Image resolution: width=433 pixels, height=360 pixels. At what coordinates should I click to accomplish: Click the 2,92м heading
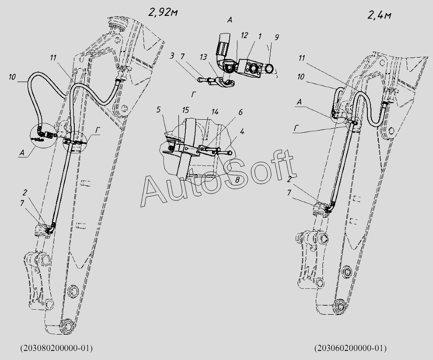pos(162,12)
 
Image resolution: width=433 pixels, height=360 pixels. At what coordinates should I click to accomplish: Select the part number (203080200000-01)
pos(56,348)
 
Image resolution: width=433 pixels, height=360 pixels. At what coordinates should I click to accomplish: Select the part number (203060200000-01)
pos(351,348)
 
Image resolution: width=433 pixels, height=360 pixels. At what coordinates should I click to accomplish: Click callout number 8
pos(237,180)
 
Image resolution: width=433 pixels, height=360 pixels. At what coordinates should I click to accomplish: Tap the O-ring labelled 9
pos(269,68)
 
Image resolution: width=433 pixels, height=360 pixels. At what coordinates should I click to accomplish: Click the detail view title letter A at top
pos(230,19)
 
